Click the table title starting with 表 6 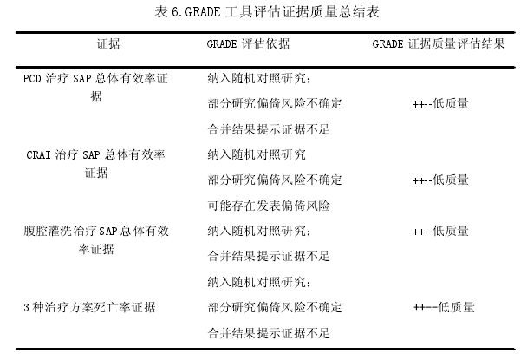[267, 12]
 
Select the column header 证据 [108, 43]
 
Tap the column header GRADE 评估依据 [248, 43]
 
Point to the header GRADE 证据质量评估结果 [439, 43]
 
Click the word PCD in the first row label [32, 79]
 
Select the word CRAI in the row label [38, 155]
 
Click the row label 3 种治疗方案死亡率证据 [89, 307]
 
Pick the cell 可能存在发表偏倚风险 [269, 206]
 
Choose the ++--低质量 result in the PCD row [440, 103]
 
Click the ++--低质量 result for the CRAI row [440, 180]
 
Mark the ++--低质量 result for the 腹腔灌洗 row [440, 231]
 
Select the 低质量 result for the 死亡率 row [456, 307]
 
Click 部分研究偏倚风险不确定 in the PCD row [275, 103]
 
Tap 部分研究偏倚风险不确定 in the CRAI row [275, 180]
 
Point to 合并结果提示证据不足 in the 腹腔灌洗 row [269, 257]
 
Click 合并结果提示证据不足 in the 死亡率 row [269, 333]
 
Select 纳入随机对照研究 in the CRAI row [257, 154]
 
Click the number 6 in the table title [175, 12]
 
